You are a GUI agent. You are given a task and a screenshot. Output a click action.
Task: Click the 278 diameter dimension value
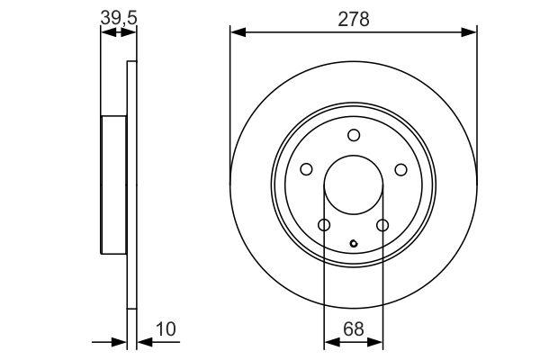[x=354, y=19]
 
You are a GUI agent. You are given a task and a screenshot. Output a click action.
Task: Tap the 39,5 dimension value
[x=119, y=18]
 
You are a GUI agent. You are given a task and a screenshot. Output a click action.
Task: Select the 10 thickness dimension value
[x=166, y=329]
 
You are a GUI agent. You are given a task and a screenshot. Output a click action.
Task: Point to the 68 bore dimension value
[x=354, y=329]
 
